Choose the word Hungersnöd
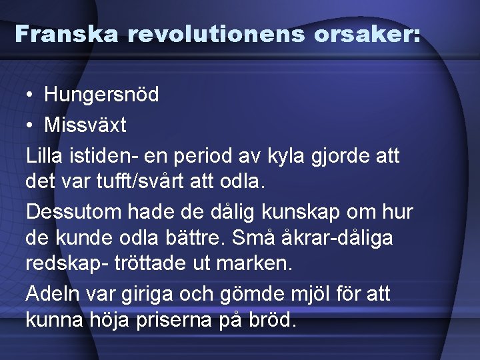point(101,95)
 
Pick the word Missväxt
point(85,125)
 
